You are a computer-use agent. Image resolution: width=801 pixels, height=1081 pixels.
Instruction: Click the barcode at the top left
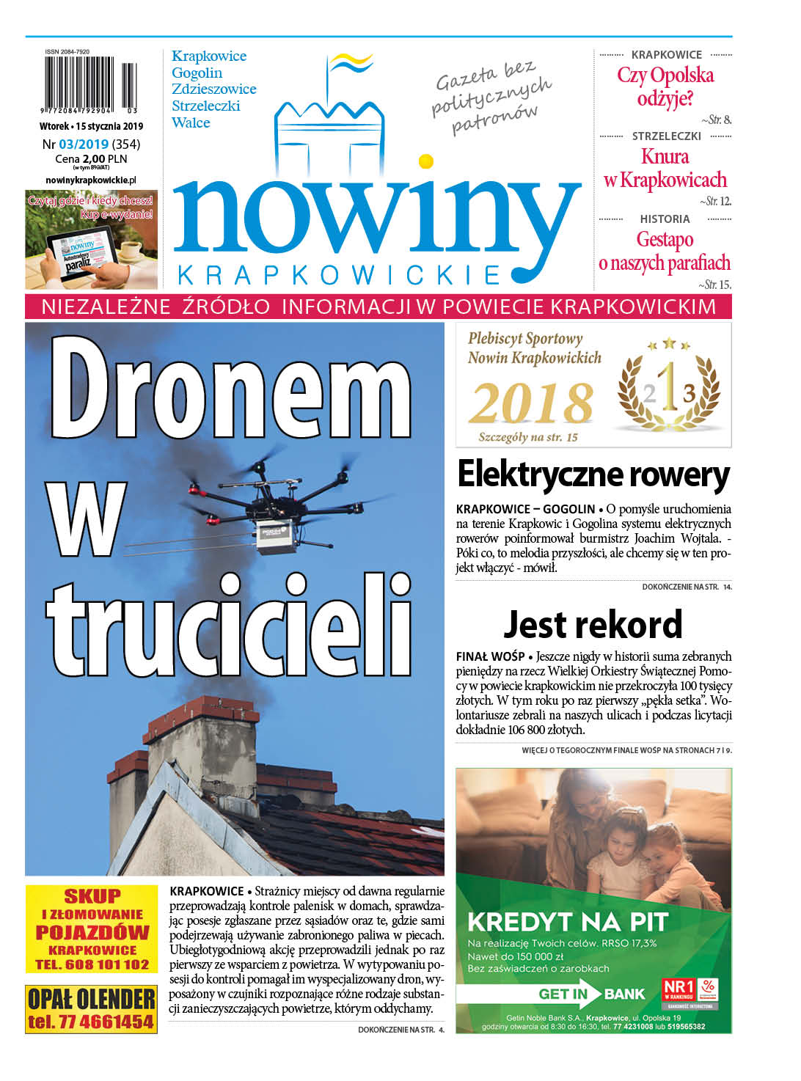pyautogui.click(x=90, y=86)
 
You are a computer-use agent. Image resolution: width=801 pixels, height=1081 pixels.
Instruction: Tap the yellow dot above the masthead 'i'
pyautogui.click(x=425, y=161)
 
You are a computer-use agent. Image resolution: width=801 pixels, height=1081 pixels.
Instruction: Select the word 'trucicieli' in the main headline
pyautogui.click(x=230, y=626)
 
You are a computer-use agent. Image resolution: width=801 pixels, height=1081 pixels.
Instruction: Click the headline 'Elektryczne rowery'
pyautogui.click(x=593, y=474)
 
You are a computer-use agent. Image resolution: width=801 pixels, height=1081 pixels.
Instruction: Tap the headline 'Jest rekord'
pyautogui.click(x=593, y=625)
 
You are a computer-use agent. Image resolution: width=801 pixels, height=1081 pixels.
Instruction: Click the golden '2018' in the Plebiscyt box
pyautogui.click(x=531, y=403)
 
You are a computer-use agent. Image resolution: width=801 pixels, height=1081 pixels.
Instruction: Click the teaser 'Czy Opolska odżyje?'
pyautogui.click(x=665, y=87)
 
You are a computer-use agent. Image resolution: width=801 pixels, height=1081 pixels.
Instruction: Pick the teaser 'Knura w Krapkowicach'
pyautogui.click(x=665, y=168)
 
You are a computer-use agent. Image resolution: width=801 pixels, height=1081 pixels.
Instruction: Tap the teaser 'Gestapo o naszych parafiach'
pyautogui.click(x=665, y=251)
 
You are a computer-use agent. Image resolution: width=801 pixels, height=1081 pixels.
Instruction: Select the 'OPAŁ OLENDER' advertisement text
pyautogui.click(x=92, y=999)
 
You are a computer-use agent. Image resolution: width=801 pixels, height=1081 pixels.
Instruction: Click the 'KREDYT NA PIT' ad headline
pyautogui.click(x=568, y=921)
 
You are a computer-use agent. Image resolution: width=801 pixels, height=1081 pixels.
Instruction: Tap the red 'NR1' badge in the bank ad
pyautogui.click(x=679, y=987)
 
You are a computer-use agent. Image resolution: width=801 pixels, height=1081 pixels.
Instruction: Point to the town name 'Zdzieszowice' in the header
pyautogui.click(x=213, y=89)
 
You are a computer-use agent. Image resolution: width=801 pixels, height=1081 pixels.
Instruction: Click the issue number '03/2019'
pyautogui.click(x=84, y=144)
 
